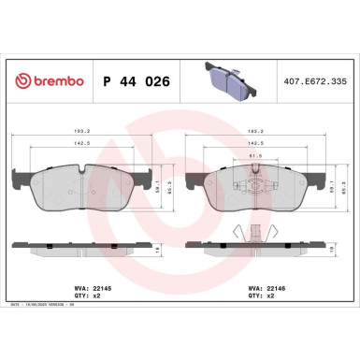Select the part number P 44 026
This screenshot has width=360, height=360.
[134, 81]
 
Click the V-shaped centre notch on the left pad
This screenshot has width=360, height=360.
[82, 171]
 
